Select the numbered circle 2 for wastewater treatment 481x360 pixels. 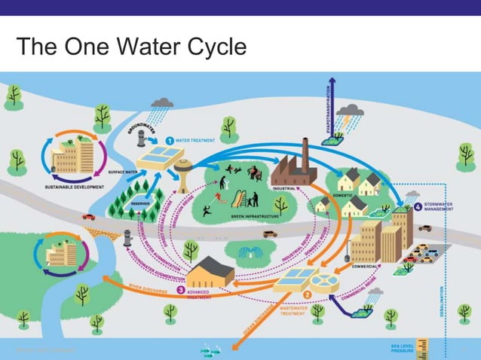point(308,294)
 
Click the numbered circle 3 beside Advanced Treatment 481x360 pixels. point(181,289)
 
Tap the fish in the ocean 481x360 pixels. point(209,349)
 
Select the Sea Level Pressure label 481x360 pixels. point(401,348)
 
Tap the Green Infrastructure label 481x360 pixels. point(240,216)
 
